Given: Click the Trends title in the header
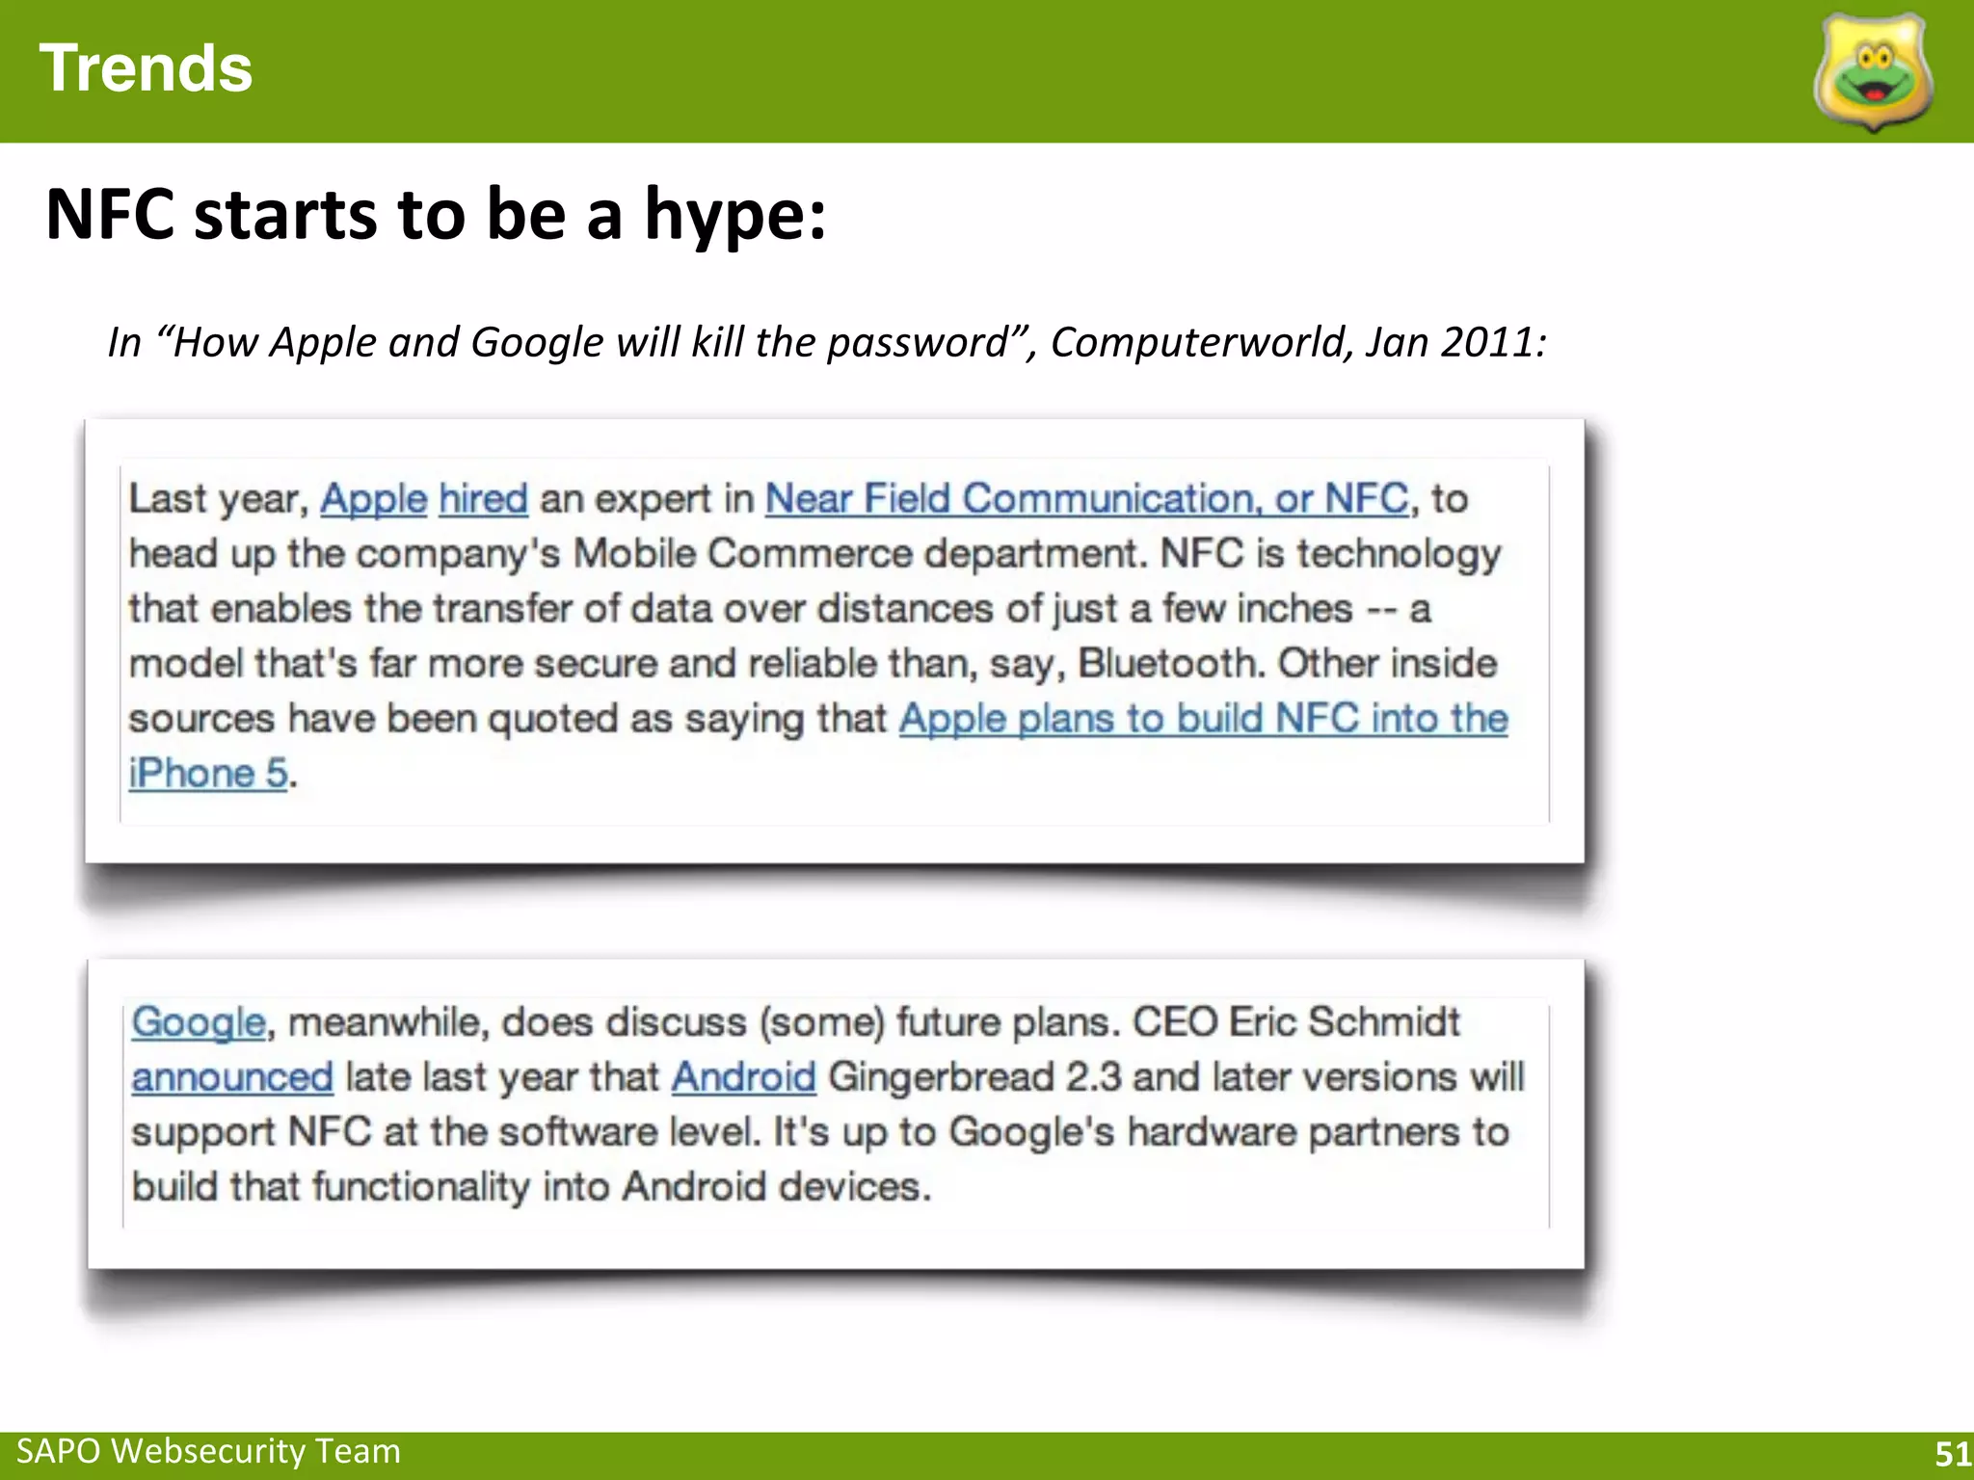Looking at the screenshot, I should [146, 69].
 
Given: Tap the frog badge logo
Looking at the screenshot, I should [1873, 73].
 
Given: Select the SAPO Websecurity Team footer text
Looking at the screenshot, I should [208, 1451].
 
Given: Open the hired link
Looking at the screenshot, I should [483, 499].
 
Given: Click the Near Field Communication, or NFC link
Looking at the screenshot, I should [1086, 499].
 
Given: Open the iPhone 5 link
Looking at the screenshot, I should [208, 774].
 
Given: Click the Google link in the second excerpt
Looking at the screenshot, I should [199, 1022].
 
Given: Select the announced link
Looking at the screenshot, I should [232, 1077].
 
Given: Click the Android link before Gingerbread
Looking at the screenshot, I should [743, 1077].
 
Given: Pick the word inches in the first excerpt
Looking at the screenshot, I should [1294, 609].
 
